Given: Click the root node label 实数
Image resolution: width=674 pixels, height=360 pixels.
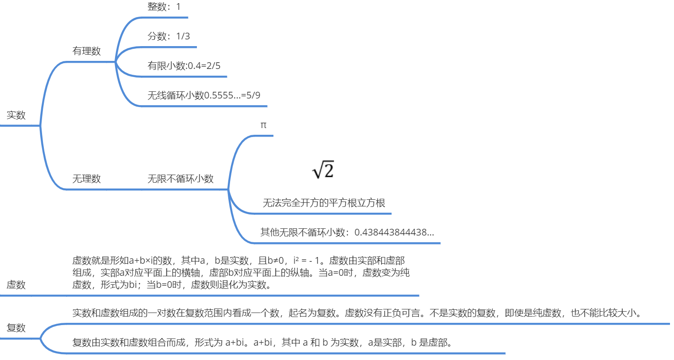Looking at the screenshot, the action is [16, 115].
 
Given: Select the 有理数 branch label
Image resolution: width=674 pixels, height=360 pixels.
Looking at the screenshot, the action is [86, 51].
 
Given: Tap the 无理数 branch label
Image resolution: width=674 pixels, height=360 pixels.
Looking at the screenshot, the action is [86, 179].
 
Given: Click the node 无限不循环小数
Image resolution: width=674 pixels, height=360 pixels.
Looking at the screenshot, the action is [180, 179].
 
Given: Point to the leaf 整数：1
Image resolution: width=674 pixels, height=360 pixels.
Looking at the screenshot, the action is [164, 7].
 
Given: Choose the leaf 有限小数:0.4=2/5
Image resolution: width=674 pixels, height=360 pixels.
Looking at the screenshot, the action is [184, 66].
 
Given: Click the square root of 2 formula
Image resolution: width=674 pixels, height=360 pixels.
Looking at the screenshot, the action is [323, 171].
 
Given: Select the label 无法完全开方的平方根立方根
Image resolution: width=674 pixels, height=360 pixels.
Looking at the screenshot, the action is [324, 203].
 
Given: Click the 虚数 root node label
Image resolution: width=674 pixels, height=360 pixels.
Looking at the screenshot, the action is [16, 285].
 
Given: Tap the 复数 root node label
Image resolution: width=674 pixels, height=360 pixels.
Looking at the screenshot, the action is [16, 328].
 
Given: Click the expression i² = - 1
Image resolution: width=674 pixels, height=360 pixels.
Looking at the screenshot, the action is [311, 260].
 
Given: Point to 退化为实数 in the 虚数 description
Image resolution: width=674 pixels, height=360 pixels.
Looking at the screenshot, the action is [245, 285].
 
